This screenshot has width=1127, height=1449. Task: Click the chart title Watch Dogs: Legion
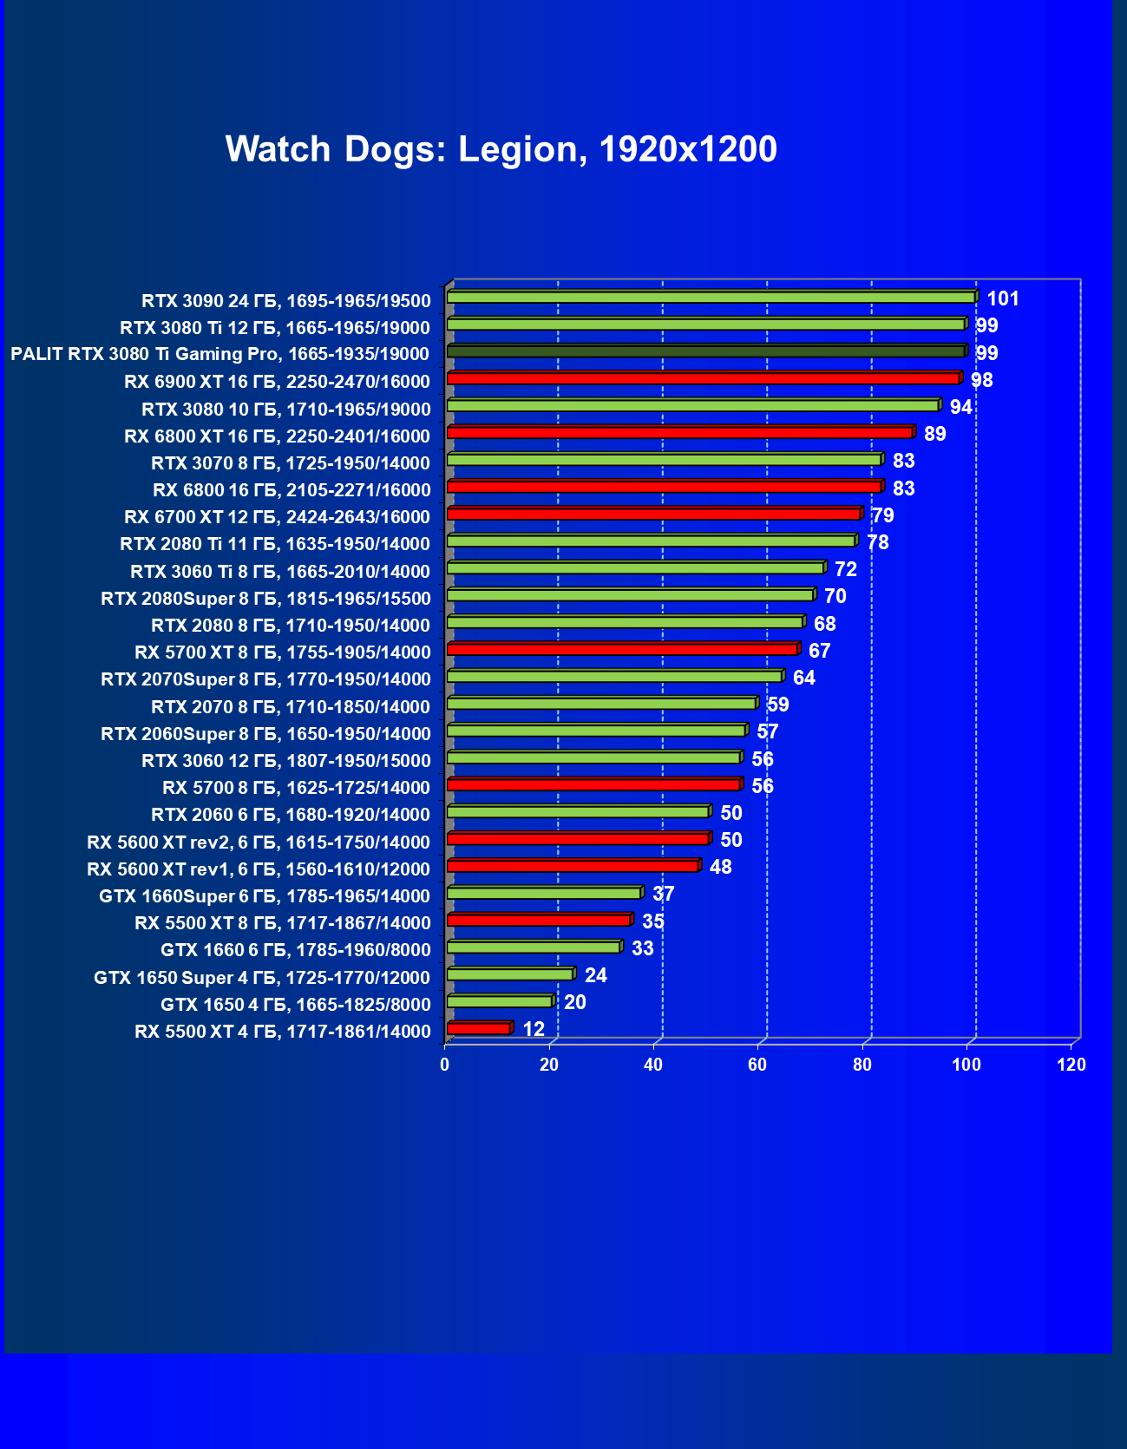(501, 149)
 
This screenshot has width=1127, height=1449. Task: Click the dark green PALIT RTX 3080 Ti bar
(705, 351)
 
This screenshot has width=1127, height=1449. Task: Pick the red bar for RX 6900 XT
(703, 378)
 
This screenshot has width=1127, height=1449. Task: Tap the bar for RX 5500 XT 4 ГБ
(479, 1029)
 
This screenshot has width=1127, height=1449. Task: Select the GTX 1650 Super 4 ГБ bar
(510, 974)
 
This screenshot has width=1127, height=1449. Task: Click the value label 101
(1003, 299)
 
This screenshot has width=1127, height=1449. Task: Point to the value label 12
(534, 1030)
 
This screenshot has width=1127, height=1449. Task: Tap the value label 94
(961, 408)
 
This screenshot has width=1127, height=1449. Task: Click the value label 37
(664, 895)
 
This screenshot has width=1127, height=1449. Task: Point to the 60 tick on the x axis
(757, 1065)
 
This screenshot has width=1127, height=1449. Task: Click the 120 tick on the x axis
(1071, 1065)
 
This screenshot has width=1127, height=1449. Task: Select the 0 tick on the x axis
(445, 1065)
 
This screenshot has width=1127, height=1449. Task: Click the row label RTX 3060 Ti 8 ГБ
(280, 572)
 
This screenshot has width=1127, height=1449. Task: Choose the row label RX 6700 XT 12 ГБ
(277, 518)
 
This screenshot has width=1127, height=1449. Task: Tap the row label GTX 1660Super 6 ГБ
(265, 896)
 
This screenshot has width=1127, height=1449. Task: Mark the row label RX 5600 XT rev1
(259, 869)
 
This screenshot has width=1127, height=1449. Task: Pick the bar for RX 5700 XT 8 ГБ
(622, 649)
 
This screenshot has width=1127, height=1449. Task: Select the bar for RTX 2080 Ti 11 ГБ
(651, 541)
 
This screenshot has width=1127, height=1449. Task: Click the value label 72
(846, 570)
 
